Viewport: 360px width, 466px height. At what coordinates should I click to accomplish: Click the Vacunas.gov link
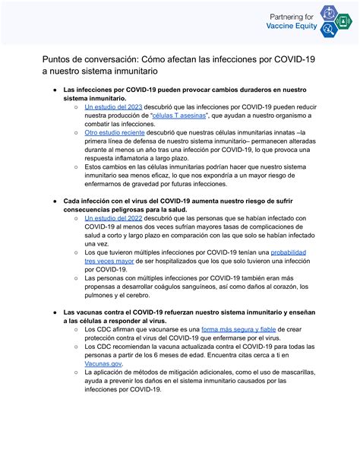pos(103,364)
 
